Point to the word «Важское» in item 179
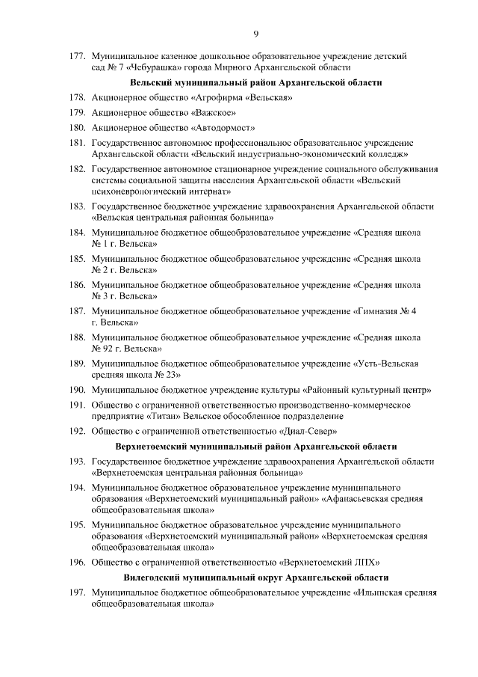coord(211,113)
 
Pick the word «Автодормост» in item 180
coord(223,129)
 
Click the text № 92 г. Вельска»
coord(125,349)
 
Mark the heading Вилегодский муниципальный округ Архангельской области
coord(256,579)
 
